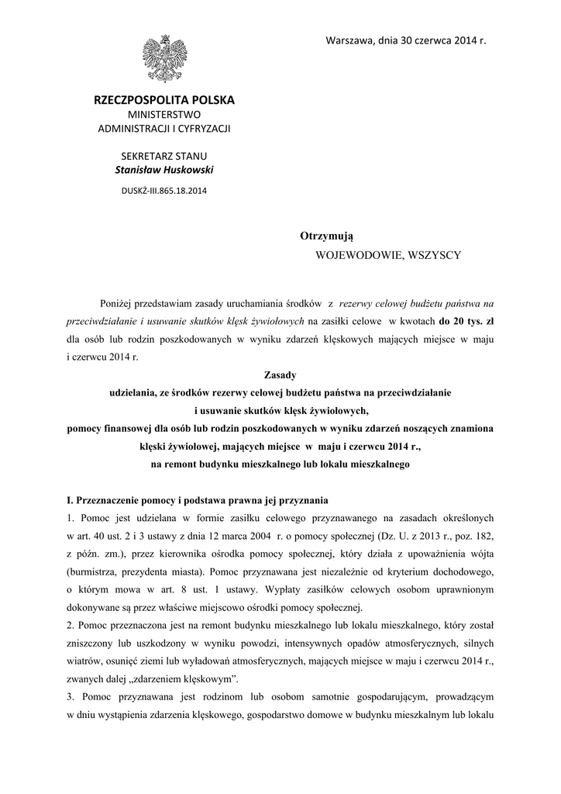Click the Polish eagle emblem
pyautogui.click(x=163, y=58)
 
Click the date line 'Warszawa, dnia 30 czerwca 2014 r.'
pyautogui.click(x=406, y=39)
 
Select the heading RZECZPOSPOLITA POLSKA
pyautogui.click(x=163, y=100)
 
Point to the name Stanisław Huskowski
pyautogui.click(x=163, y=169)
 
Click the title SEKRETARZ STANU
pyautogui.click(x=163, y=156)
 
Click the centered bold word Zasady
pyautogui.click(x=280, y=374)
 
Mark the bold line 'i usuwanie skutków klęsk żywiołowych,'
pyautogui.click(x=280, y=409)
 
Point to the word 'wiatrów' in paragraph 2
pyautogui.click(x=84, y=661)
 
